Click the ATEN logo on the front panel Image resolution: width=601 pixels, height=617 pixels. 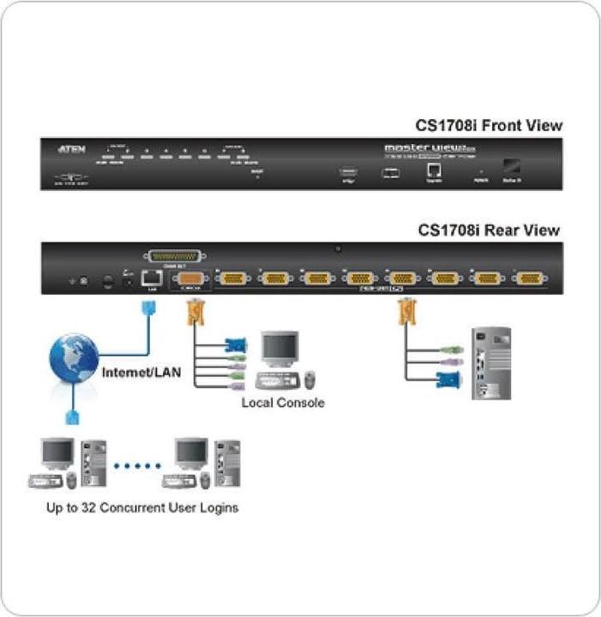pos(71,149)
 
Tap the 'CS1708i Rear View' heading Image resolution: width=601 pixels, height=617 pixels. pos(489,230)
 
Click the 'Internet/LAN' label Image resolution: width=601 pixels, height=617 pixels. pos(140,374)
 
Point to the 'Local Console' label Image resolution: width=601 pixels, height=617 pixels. pos(282,402)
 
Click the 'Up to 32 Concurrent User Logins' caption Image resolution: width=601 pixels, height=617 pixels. pos(142,507)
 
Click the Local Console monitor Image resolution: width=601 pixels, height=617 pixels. pos(279,350)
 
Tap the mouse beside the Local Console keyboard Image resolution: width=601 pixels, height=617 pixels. pos(310,378)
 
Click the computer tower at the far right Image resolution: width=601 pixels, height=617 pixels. pos(491,362)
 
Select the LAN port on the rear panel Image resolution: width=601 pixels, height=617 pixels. pos(151,277)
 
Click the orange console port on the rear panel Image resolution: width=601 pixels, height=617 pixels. pos(192,279)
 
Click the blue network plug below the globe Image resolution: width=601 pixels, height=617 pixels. pos(73,416)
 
